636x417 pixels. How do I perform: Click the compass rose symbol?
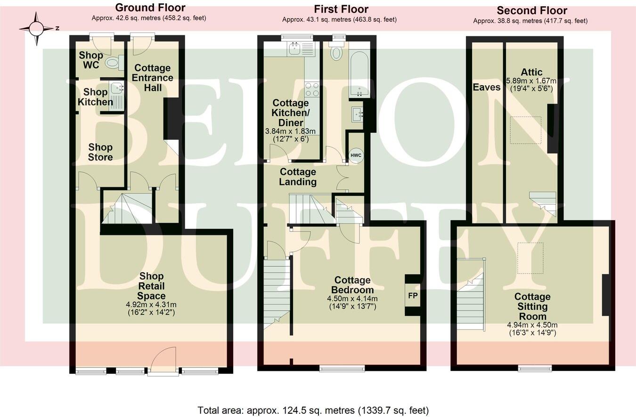(x=37, y=29)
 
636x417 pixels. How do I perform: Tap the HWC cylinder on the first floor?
(x=356, y=155)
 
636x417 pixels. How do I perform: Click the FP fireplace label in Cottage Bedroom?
(x=413, y=296)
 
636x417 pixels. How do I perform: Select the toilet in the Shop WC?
(x=114, y=62)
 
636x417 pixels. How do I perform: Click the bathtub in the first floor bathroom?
(x=359, y=69)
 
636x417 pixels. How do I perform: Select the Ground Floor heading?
(x=150, y=8)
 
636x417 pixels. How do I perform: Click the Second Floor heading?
(x=532, y=10)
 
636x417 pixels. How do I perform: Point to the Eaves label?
(x=487, y=87)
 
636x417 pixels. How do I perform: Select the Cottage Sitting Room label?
(x=532, y=306)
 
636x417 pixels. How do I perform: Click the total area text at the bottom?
(x=313, y=410)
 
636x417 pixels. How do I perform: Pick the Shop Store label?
(x=100, y=152)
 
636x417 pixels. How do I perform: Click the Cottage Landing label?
(x=298, y=177)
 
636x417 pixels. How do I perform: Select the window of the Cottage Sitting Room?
(x=535, y=368)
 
